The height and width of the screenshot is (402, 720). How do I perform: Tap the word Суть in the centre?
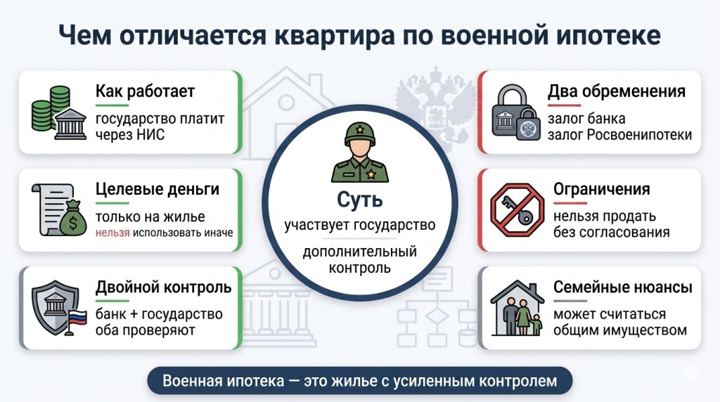point(359,200)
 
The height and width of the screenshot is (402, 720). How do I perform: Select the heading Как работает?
point(145,91)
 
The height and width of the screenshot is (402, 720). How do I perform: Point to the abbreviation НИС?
point(152,134)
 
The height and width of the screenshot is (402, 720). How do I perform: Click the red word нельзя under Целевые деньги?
point(112,233)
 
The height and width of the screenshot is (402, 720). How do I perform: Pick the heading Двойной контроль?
point(163,287)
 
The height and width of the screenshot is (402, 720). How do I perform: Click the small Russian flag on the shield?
point(76,320)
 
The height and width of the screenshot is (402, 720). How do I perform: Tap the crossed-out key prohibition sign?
point(515,209)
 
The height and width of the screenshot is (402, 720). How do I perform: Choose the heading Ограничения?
point(601,189)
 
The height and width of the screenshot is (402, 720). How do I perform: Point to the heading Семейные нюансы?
point(622,287)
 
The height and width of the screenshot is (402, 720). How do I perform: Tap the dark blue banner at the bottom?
point(359,382)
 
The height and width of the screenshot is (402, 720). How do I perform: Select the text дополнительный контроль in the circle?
point(359,259)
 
